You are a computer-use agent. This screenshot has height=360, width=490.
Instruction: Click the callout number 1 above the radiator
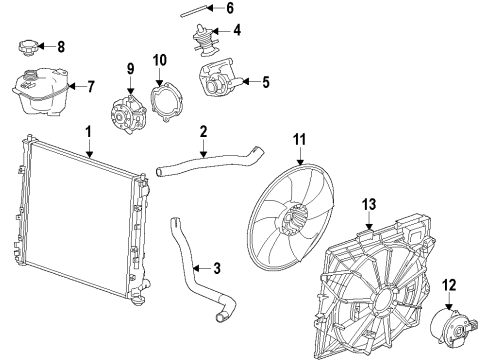pyautogui.click(x=88, y=130)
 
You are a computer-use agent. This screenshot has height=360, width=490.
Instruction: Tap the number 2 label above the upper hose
pyautogui.click(x=203, y=130)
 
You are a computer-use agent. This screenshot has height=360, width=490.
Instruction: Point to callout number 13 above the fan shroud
pyautogui.click(x=369, y=205)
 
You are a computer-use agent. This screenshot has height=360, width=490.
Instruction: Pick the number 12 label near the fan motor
pyautogui.click(x=448, y=283)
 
